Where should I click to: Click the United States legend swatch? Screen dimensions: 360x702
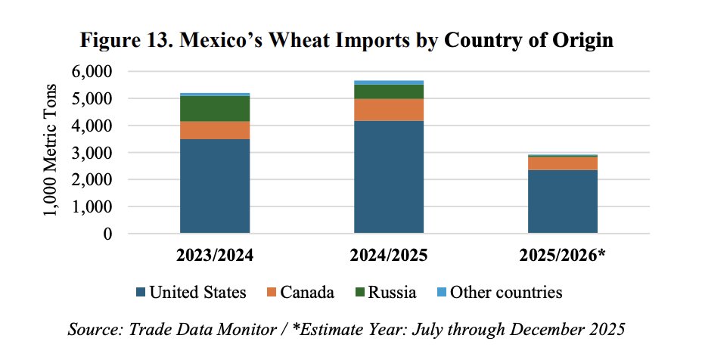[x=141, y=293]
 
